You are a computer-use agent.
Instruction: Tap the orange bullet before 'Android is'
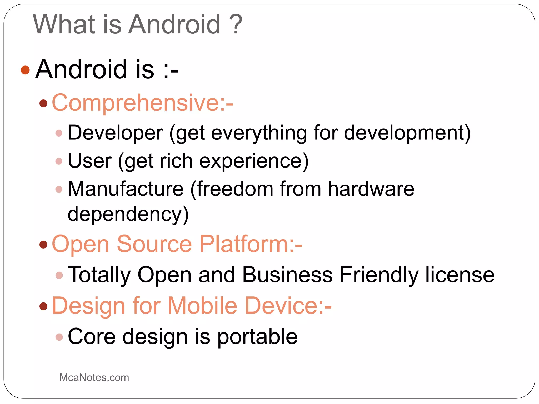coord(25,70)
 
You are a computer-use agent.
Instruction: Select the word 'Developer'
coord(115,133)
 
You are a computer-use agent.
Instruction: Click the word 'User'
coord(90,161)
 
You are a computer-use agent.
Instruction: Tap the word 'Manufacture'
coord(126,189)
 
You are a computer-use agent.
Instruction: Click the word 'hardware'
coord(371,189)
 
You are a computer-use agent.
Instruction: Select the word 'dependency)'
coord(128,214)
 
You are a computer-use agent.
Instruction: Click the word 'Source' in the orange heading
coord(154,244)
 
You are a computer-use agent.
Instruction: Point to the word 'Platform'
coord(244,244)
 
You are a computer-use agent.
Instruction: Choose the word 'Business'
coord(287,275)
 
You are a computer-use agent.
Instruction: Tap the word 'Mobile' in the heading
coord(203,306)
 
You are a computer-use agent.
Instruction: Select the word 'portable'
coord(257,337)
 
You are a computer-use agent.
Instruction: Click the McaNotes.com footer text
coord(94,378)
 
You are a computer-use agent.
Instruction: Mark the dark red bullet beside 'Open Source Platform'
coord(43,245)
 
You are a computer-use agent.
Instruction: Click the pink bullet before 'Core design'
coord(59,337)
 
